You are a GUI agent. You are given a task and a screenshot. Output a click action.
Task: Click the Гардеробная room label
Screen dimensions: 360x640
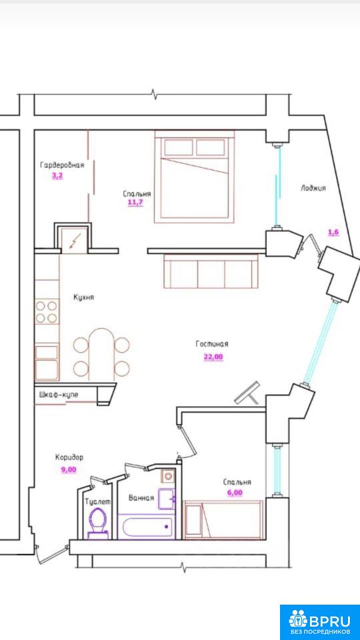coord(62,165)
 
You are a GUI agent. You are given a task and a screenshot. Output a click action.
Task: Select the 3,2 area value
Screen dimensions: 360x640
coord(57,177)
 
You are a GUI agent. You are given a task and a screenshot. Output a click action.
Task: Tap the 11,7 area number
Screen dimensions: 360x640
coord(135,203)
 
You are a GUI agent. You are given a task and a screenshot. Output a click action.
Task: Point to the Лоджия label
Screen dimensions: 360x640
coord(313,188)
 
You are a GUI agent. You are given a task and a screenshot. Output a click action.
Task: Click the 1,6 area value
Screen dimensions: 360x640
coord(333,232)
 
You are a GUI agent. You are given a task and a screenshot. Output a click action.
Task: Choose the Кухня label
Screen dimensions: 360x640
coord(84,297)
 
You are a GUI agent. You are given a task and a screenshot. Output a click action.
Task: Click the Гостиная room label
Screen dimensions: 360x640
coord(212,344)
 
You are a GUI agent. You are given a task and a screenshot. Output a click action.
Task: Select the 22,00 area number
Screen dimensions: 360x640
coord(213,357)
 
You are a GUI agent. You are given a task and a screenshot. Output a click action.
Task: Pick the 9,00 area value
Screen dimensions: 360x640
coord(69,469)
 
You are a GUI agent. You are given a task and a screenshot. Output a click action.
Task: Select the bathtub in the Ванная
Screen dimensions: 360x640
coord(147,527)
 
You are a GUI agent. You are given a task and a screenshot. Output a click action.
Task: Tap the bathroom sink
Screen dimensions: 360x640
coord(167,499)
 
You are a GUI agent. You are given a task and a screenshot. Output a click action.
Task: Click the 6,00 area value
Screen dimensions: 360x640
coord(235,493)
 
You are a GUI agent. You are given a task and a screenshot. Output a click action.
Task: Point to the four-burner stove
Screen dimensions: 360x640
coord(46,311)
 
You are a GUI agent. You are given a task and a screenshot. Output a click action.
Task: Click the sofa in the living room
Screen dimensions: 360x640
coord(211,271)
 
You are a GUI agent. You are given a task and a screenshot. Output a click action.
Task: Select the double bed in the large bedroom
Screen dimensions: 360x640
coord(195,177)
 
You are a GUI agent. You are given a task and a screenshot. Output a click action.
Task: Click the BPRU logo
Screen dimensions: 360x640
coord(319,621)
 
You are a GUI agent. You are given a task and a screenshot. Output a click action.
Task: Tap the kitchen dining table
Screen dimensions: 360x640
coord(101,354)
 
